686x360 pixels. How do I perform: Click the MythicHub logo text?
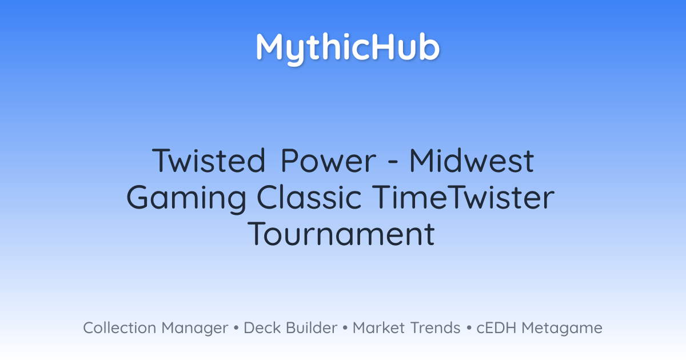click(348, 49)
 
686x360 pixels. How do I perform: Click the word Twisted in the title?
click(209, 161)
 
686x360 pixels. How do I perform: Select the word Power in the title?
click(328, 161)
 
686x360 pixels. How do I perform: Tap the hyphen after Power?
click(393, 162)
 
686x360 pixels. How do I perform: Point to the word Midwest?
click(472, 161)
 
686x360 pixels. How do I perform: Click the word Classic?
click(309, 198)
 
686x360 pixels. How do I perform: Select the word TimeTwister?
click(464, 198)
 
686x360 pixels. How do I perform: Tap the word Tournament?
click(341, 234)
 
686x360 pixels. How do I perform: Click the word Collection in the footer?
click(119, 328)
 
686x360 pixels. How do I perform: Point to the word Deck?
click(262, 328)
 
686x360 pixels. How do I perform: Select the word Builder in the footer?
click(312, 328)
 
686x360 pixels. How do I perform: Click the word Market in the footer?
click(379, 328)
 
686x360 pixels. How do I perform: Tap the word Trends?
click(435, 328)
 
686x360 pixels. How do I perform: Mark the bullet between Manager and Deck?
click(236, 328)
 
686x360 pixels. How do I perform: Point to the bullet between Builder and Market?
click(345, 328)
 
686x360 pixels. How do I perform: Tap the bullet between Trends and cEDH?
click(469, 328)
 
